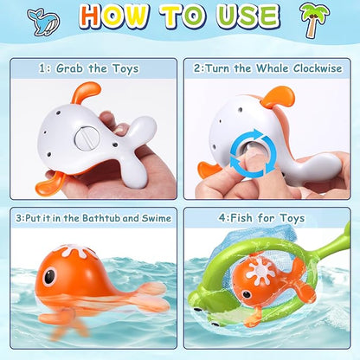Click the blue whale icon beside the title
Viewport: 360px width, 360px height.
[x=43, y=21]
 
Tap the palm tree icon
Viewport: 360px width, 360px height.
[x=314, y=20]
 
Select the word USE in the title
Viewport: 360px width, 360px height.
[x=248, y=16]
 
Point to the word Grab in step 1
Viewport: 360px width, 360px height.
[x=69, y=68]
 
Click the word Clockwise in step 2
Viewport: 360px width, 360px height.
[x=318, y=68]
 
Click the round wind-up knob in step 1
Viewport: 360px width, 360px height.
[x=87, y=138]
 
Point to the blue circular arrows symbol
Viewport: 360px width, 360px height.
[x=254, y=153]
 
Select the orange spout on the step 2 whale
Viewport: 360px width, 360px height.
[x=278, y=97]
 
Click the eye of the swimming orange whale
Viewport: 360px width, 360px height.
[x=49, y=276]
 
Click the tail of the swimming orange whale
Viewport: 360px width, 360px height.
[x=150, y=297]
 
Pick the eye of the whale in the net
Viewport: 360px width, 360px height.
[x=246, y=294]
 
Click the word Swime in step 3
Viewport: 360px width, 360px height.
[x=157, y=218]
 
